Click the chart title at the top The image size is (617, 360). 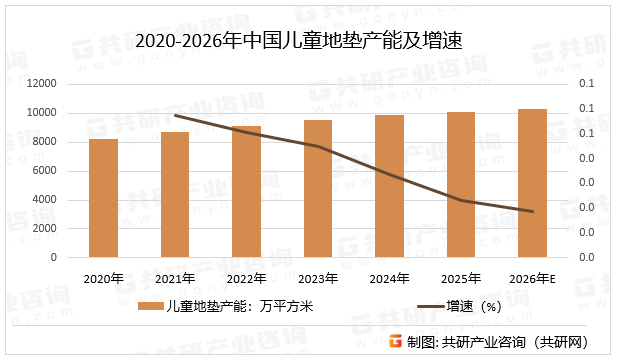coord(306,41)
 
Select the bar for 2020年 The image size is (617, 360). coord(103,198)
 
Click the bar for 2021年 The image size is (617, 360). coord(175,194)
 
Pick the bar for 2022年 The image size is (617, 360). coord(246,191)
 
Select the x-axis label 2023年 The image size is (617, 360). coord(318,278)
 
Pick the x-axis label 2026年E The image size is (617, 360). coord(532,278)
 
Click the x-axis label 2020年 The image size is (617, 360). coord(103,278)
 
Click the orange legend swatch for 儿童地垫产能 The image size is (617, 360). coord(150,307)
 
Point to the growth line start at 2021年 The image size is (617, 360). coord(175,115)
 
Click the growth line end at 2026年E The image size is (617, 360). coord(532,211)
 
